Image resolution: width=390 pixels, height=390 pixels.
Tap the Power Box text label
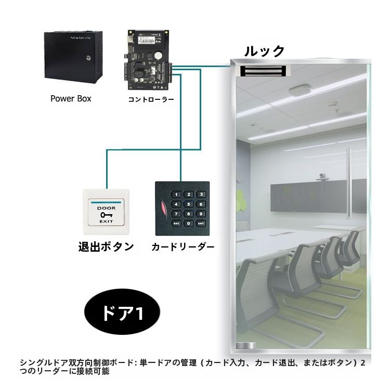pyautogui.click(x=71, y=98)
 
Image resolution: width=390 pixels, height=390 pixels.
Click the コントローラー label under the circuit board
pyautogui.click(x=151, y=98)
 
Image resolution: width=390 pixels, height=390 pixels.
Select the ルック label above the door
pyautogui.click(x=265, y=51)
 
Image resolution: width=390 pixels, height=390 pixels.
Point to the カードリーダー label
pyautogui.click(x=183, y=247)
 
